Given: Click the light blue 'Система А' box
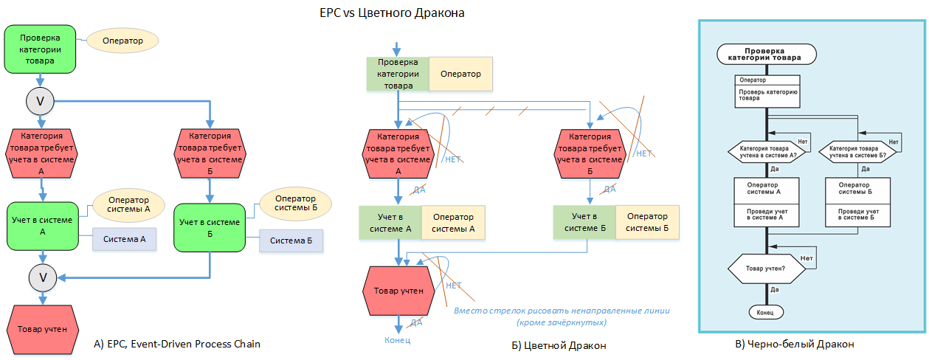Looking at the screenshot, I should click(124, 239).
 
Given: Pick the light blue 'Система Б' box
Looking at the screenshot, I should click(291, 241).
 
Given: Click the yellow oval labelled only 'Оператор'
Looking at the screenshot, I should click(122, 40).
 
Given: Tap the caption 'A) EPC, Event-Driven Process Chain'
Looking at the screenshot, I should click(177, 344).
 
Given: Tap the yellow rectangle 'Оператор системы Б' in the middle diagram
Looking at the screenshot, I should click(647, 223).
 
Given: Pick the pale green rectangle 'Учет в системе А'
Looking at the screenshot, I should click(390, 223).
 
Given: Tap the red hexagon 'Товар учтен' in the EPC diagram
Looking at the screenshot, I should click(42, 329).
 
